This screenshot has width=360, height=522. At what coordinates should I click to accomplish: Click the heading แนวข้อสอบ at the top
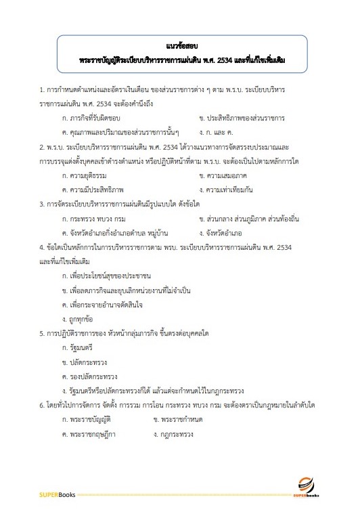pos(179,47)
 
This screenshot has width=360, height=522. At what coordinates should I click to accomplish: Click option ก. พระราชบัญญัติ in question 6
pos(87,419)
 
